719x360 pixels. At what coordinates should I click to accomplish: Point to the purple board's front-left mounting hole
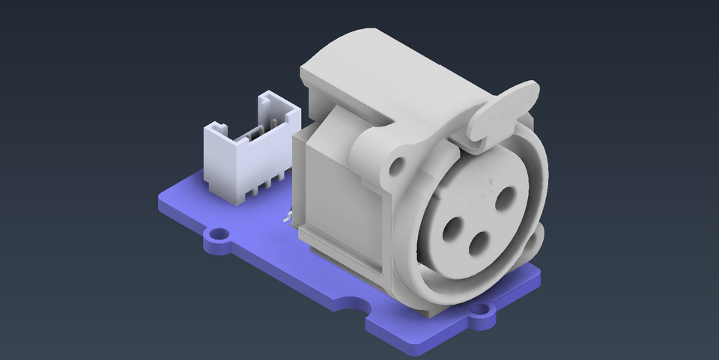(219, 239)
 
